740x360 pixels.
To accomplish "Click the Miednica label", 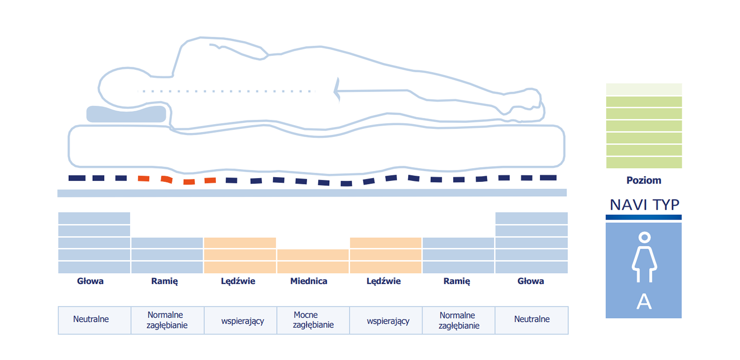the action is click(309, 281).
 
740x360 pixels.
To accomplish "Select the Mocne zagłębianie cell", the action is click(313, 320).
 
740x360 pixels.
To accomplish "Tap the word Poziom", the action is click(644, 180).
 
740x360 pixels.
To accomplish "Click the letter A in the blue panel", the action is click(644, 301).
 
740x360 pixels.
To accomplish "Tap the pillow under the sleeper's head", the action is click(126, 114).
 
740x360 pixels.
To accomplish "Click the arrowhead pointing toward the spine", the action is click(337, 90).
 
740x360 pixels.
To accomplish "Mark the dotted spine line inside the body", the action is click(226, 91).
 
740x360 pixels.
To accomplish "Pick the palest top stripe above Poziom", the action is click(644, 89).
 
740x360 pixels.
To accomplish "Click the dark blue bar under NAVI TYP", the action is click(643, 217).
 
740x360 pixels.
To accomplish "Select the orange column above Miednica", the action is click(313, 261).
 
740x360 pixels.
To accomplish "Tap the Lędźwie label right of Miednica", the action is click(384, 281).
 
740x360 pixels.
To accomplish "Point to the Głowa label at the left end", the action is click(90, 281).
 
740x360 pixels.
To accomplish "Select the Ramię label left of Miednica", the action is click(164, 281).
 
